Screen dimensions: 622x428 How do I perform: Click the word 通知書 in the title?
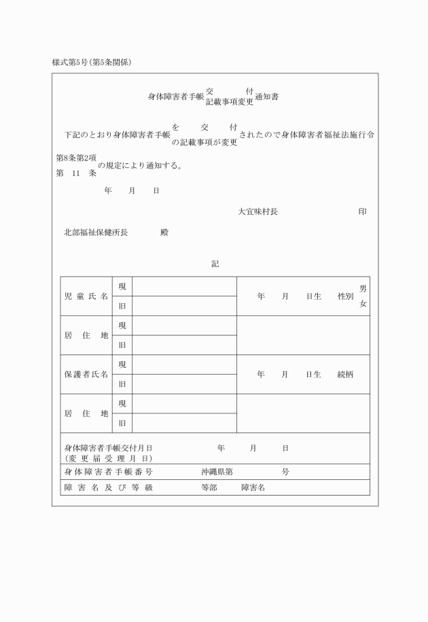click(x=266, y=97)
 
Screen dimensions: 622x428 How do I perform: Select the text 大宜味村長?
click(x=257, y=211)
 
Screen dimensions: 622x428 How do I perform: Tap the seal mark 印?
click(x=363, y=211)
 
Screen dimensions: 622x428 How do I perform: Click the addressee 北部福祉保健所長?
click(x=96, y=232)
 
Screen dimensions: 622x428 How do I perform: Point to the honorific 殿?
click(x=164, y=232)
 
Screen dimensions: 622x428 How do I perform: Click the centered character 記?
click(x=215, y=264)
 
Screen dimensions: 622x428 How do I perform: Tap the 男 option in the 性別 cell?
click(x=363, y=289)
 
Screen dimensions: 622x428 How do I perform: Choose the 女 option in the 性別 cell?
click(x=363, y=304)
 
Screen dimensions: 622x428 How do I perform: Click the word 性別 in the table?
click(x=345, y=296)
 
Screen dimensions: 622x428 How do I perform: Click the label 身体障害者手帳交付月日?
click(x=109, y=448)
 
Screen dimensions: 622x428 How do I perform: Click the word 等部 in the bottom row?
click(x=209, y=487)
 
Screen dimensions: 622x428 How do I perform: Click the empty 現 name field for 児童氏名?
click(x=184, y=287)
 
